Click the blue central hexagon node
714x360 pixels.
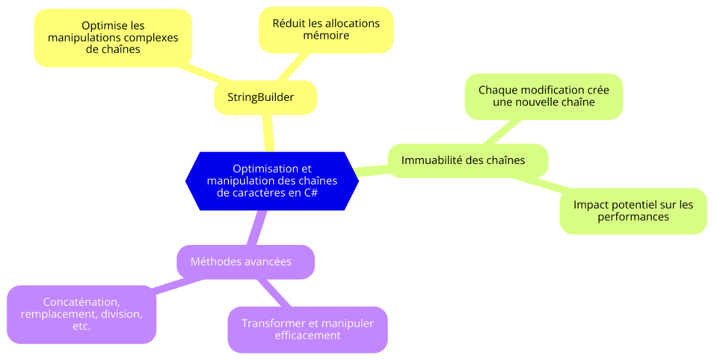pyautogui.click(x=272, y=181)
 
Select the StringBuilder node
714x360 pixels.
pyautogui.click(x=265, y=98)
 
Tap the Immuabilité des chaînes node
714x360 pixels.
pyautogui.click(x=468, y=161)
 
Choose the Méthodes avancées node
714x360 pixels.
pyautogui.click(x=245, y=262)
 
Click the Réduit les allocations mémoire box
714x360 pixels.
pyautogui.click(x=326, y=30)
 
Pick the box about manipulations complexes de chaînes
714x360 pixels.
pyautogui.click(x=113, y=38)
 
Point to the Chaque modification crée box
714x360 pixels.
pyautogui.click(x=544, y=97)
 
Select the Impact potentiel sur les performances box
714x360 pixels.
pyautogui.click(x=633, y=211)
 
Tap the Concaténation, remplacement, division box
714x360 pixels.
pyautogui.click(x=81, y=314)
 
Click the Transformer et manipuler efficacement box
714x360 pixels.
pyautogui.click(x=307, y=330)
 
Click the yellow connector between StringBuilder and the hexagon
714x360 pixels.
pyautogui.click(x=268, y=133)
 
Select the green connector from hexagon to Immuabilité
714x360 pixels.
pyautogui.click(x=372, y=171)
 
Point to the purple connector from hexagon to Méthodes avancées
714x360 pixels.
pyautogui.click(x=257, y=228)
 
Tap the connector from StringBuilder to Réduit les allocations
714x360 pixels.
pyautogui.click(x=293, y=67)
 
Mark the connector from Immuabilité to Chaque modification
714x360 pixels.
pyautogui.click(x=502, y=132)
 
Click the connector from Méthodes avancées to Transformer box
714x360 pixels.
pyautogui.click(x=274, y=293)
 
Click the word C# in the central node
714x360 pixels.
pyautogui.click(x=311, y=192)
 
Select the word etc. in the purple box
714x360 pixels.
pyautogui.click(x=81, y=326)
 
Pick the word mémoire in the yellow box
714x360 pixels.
pyautogui.click(x=326, y=35)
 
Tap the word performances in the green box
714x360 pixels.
pyautogui.click(x=633, y=217)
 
